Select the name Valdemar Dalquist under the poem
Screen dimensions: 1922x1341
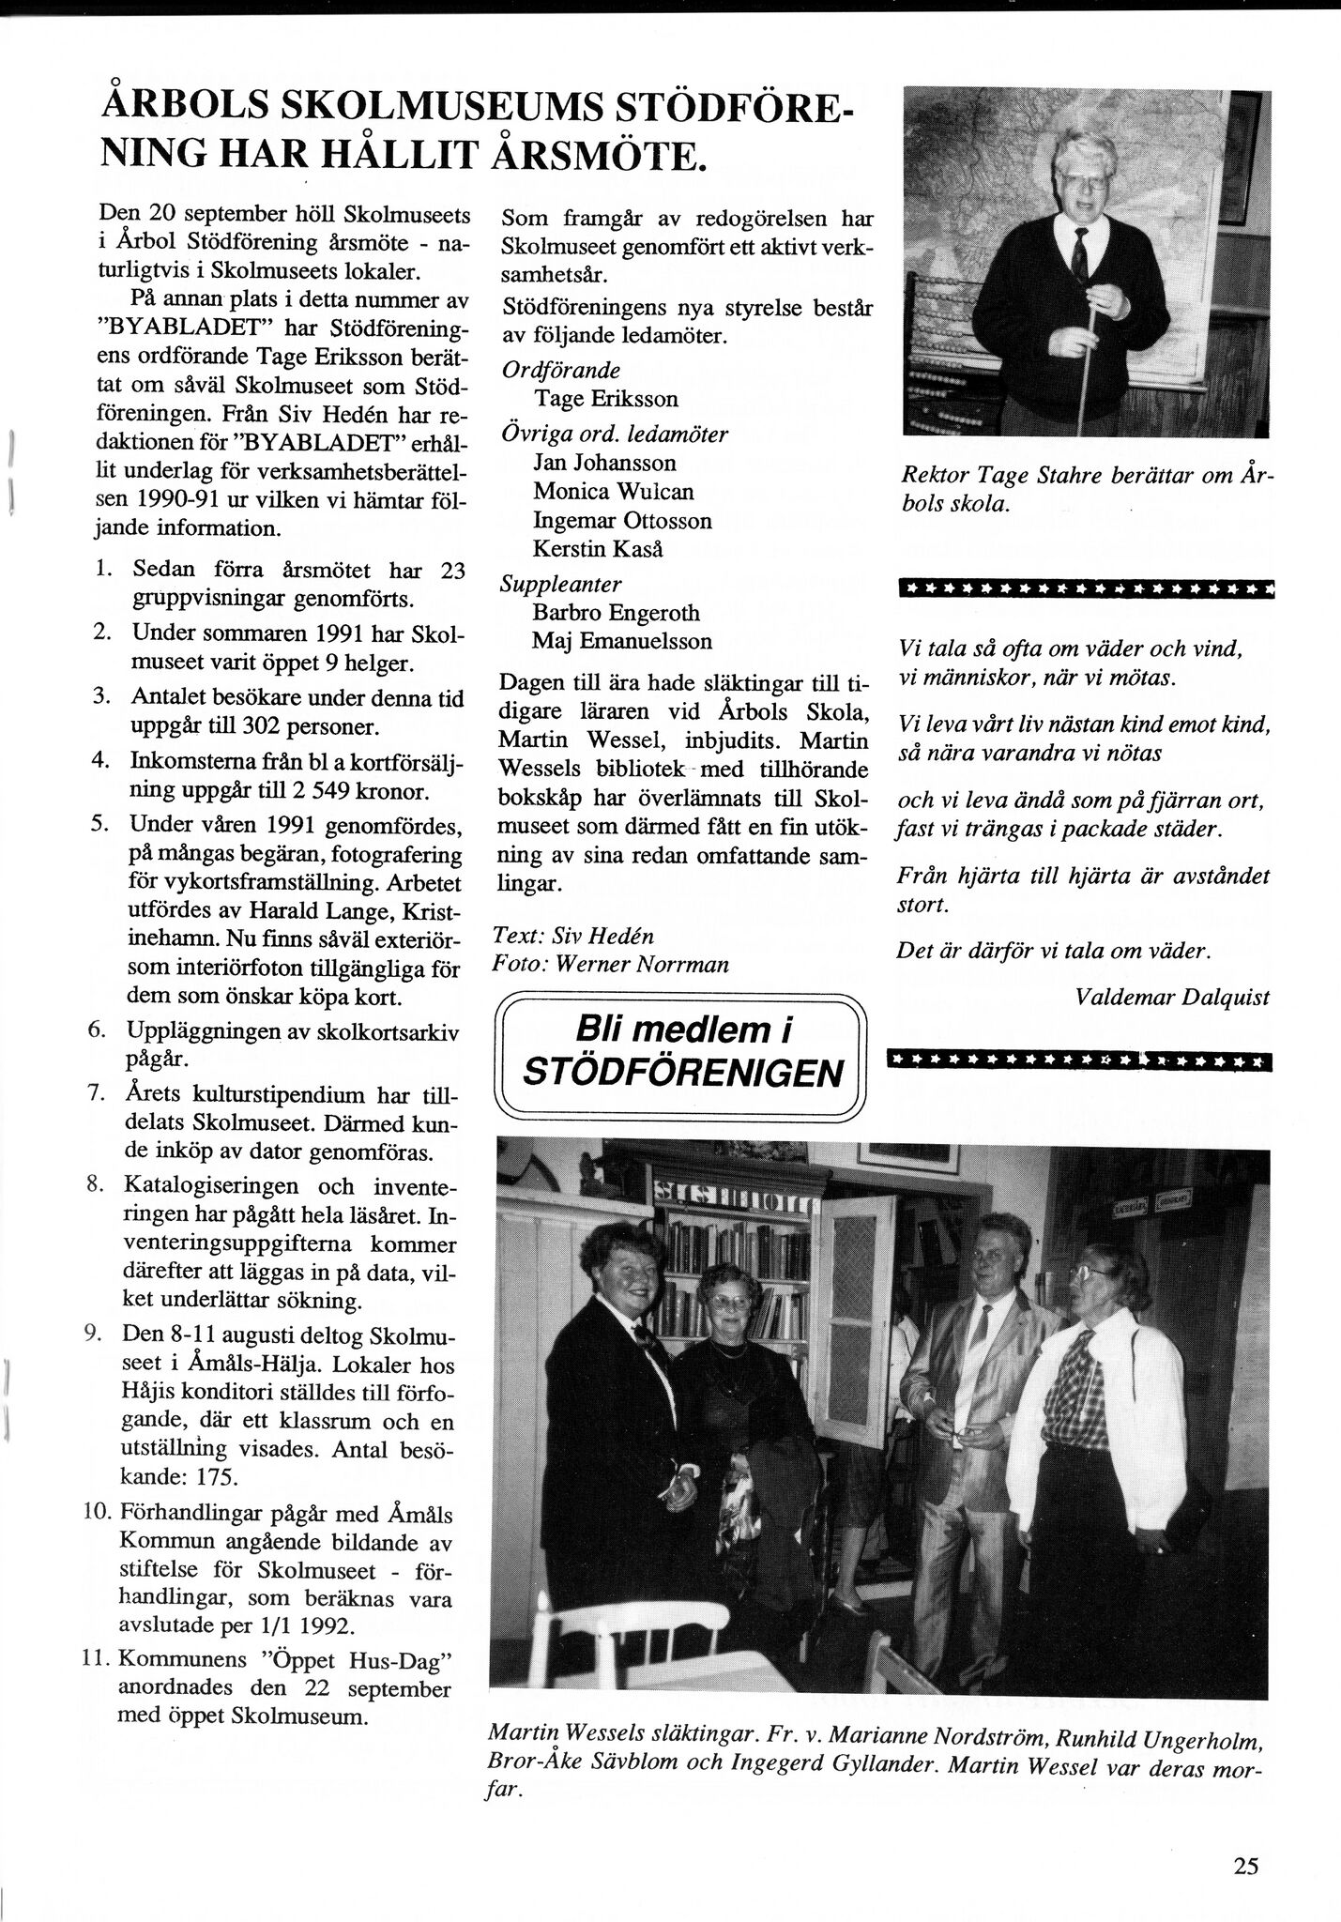pyautogui.click(x=1172, y=997)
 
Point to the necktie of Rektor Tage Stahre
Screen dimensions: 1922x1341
pyautogui.click(x=1080, y=251)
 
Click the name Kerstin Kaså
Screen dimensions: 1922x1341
pyautogui.click(x=598, y=548)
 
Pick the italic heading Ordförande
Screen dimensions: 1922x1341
pyautogui.click(x=560, y=370)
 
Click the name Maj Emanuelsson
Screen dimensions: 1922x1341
pyautogui.click(x=622, y=641)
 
